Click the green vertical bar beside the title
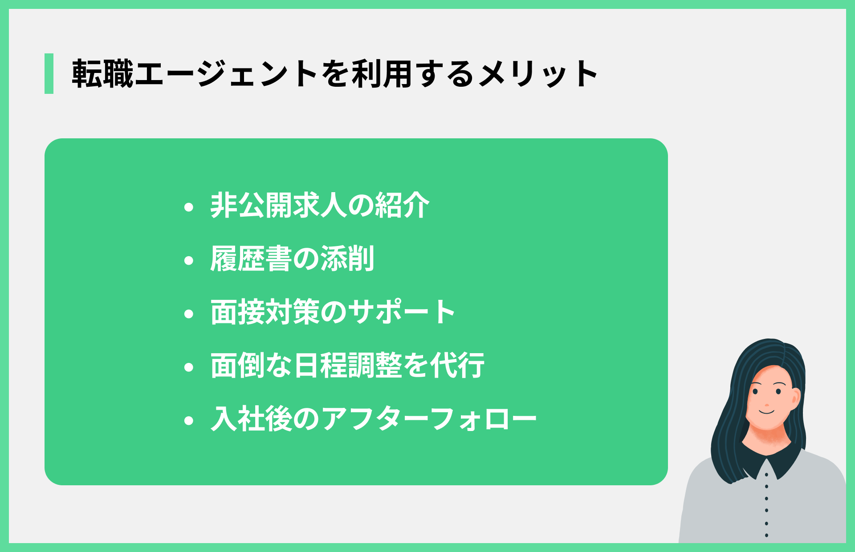pos(49,73)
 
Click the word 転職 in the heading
pos(103,74)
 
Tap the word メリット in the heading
pos(538,74)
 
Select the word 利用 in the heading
pos(382,74)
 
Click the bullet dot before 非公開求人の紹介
pos(189,207)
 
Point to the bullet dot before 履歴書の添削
pos(189,260)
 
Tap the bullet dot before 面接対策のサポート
pos(189,314)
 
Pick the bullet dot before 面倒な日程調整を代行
pos(189,367)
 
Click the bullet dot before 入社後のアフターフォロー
pos(189,420)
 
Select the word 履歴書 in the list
pos(251,259)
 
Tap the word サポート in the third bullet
pos(401,312)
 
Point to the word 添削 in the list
pos(347,259)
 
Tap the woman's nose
pos(767,404)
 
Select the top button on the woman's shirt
pos(766,475)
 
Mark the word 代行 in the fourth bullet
pos(457,366)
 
